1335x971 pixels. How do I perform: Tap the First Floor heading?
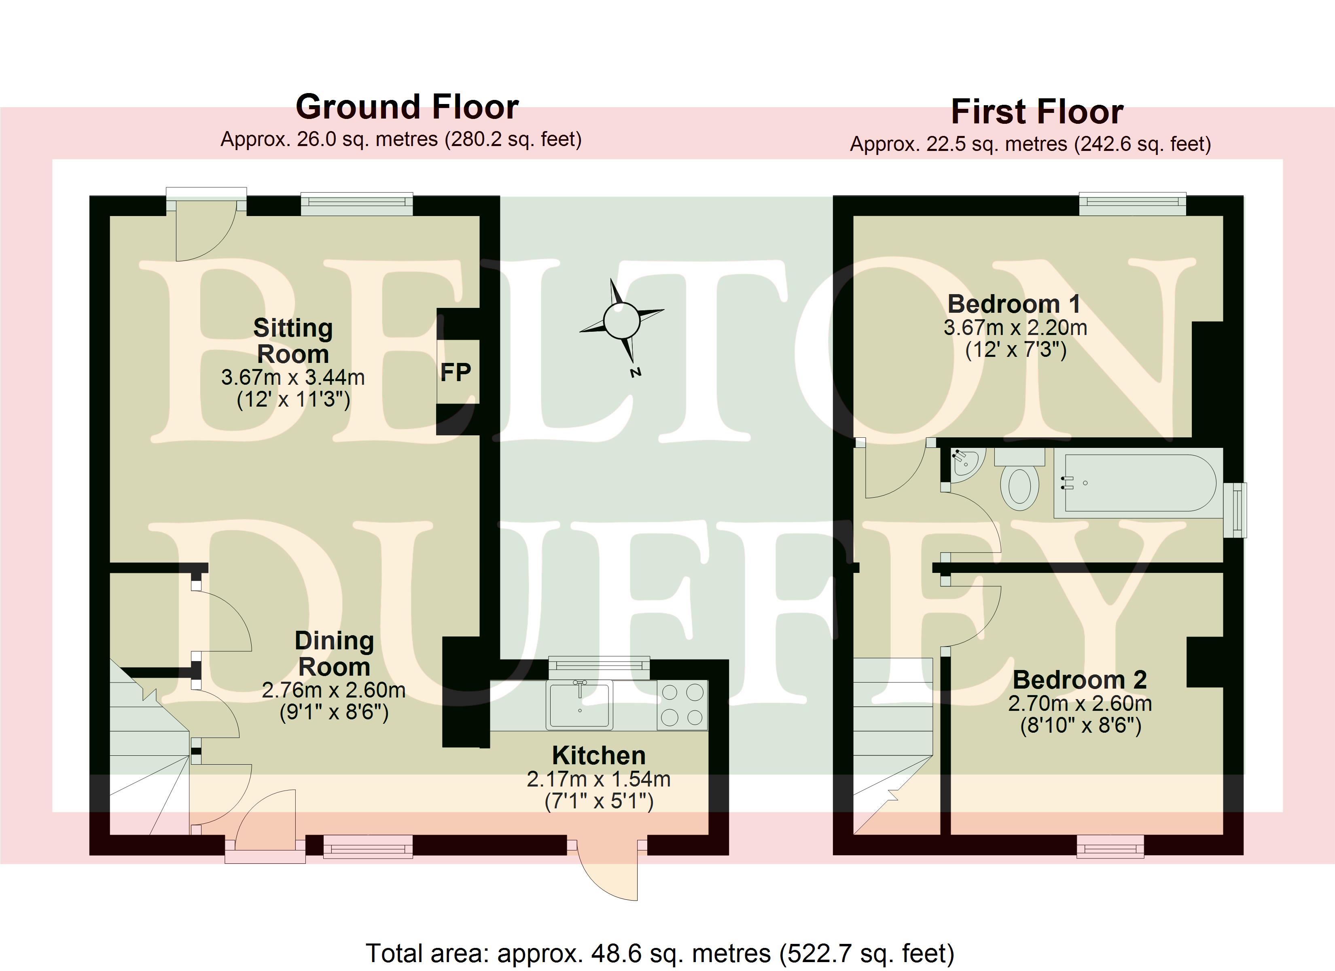(1037, 112)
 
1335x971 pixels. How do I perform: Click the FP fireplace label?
(456, 372)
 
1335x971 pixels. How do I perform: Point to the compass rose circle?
(622, 320)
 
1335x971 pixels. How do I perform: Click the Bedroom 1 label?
(1014, 304)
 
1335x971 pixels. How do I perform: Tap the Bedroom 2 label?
(1080, 680)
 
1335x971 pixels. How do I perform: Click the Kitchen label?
(599, 755)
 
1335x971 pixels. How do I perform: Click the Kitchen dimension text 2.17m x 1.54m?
(599, 779)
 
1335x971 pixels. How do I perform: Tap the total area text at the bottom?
(660, 953)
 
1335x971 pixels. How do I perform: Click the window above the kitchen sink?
(599, 668)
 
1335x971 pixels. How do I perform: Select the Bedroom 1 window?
(1132, 204)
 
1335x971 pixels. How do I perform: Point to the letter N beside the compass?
(635, 372)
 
